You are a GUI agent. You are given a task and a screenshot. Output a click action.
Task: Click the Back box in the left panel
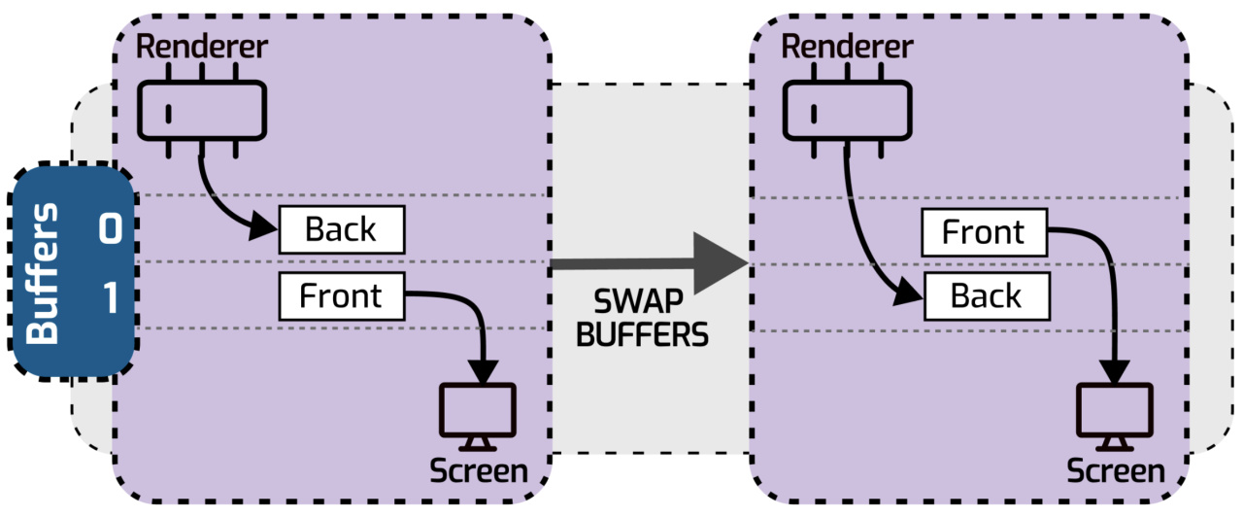click(x=341, y=230)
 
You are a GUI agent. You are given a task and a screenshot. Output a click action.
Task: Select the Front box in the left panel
click(x=341, y=295)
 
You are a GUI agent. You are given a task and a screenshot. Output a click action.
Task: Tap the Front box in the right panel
click(x=984, y=233)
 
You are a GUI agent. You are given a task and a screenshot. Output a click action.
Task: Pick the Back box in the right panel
click(x=986, y=295)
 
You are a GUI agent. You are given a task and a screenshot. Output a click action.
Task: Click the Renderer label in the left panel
click(x=201, y=46)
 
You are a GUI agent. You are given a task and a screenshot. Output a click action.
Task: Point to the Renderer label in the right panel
click(x=846, y=46)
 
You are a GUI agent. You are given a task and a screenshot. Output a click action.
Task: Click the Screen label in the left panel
click(x=479, y=472)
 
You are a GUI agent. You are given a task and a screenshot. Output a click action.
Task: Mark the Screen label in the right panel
click(x=1116, y=472)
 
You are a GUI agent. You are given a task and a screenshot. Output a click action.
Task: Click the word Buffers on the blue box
click(x=44, y=273)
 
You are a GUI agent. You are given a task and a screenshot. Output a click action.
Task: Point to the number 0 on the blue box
click(x=110, y=230)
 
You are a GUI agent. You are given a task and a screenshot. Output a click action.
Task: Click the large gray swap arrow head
click(x=723, y=262)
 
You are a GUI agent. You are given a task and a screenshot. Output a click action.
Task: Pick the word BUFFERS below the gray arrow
click(x=642, y=336)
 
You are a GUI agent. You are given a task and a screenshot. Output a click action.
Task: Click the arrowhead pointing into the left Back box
click(x=266, y=230)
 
